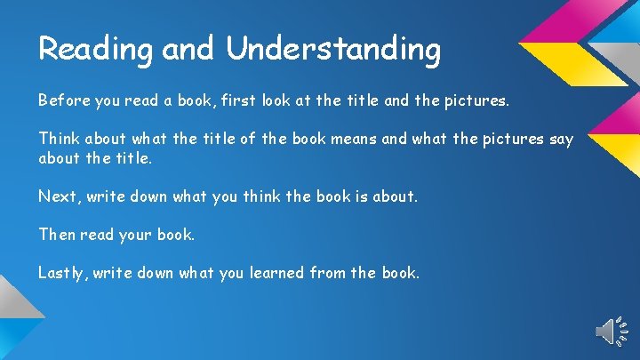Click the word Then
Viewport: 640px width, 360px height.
coord(57,235)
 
